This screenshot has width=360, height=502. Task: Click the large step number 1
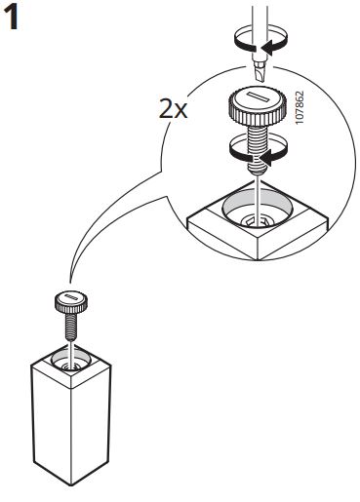point(12,19)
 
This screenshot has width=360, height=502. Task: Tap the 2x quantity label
point(173,108)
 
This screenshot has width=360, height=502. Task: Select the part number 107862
point(300,107)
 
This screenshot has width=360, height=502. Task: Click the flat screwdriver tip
point(260,71)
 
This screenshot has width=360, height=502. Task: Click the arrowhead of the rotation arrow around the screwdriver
point(268,48)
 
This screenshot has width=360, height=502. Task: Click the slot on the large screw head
point(258,97)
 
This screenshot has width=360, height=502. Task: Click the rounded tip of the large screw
point(258,170)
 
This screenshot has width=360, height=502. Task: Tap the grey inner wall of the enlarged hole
point(257,200)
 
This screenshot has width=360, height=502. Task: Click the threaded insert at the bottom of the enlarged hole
point(257,222)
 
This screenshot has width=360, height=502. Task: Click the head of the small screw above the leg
point(71,302)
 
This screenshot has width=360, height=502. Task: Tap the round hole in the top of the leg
point(71,362)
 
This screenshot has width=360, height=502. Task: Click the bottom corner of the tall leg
point(71,485)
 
